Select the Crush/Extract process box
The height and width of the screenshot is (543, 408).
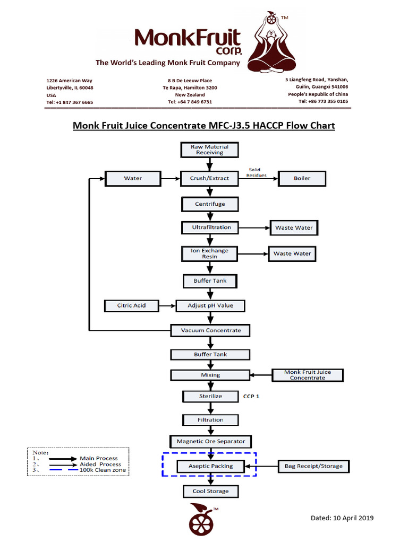coord(209,179)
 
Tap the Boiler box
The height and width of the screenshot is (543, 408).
coord(302,179)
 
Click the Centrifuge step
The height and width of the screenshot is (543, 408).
coord(210,204)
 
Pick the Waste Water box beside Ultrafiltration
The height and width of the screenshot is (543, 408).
coord(294,228)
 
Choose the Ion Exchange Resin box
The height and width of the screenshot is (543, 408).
coord(210,253)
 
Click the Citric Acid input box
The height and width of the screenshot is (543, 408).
coord(131,305)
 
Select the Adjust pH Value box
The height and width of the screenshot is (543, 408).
coord(210,305)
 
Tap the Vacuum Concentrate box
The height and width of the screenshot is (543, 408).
coord(210,330)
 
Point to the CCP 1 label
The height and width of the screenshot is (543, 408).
coord(251,396)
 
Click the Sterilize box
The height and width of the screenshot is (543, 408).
coord(210,396)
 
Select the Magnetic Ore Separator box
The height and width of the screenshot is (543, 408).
coord(210,441)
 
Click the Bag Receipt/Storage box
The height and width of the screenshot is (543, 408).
coord(314,467)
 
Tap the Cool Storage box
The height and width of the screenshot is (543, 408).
coord(210,492)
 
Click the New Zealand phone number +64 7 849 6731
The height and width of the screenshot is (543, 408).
coord(190,102)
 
